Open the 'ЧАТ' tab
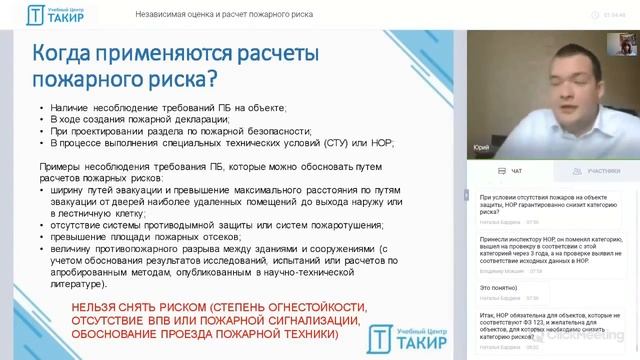coord(511,172)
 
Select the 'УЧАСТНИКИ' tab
coord(581,172)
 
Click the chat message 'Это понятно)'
coord(497,285)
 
